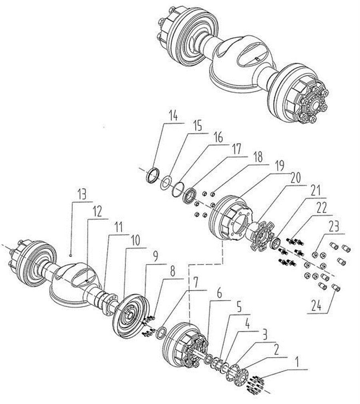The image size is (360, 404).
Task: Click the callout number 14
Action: (x=173, y=117)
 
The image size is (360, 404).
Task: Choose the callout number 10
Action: (x=136, y=241)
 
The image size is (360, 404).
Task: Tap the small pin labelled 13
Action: (x=70, y=253)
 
